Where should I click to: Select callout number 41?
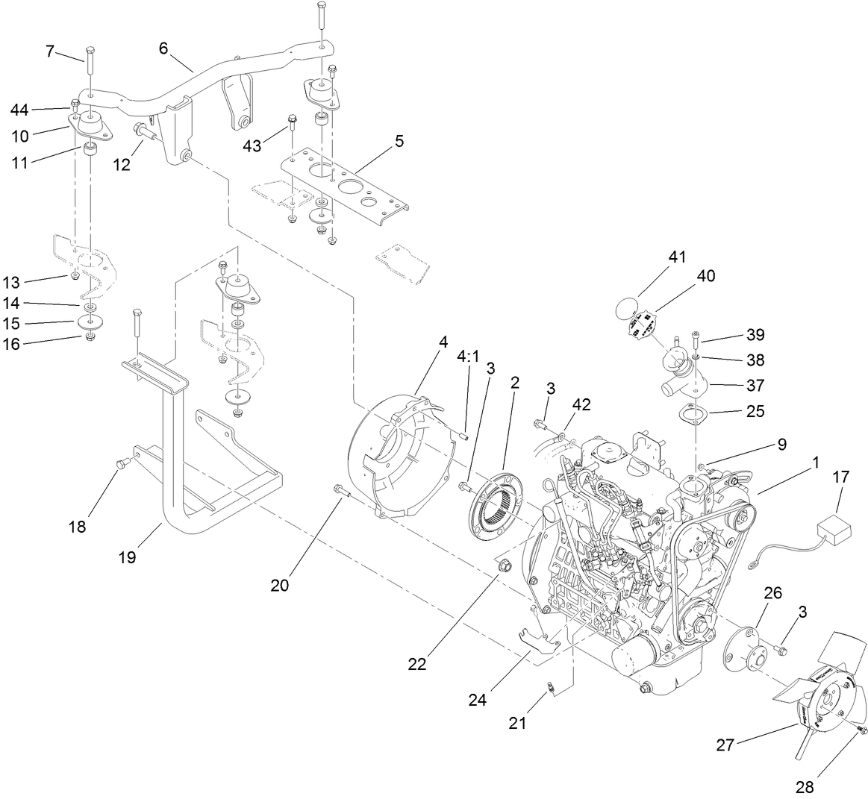click(x=677, y=257)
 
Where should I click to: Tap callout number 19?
click(x=127, y=557)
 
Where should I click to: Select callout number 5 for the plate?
click(x=399, y=141)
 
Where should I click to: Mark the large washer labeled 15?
click(x=90, y=323)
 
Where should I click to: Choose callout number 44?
click(x=19, y=110)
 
